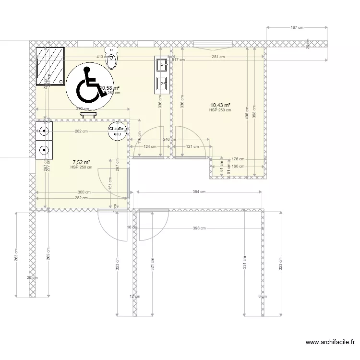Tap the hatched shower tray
50,66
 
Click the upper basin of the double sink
161,64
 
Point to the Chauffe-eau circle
117,132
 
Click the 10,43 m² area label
220,105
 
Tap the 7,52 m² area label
81,162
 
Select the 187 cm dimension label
298,28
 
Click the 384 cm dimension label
199,192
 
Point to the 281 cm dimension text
218,58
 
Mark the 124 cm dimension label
150,147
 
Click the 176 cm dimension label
238,159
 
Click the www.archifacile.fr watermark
331,342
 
